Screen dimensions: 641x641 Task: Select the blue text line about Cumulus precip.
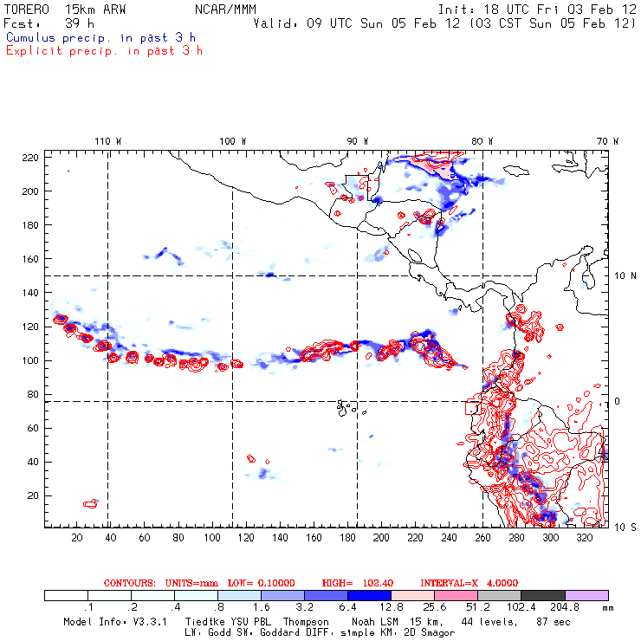tap(100, 37)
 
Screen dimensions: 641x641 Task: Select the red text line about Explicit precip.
tap(104, 50)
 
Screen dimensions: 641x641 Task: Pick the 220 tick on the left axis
tap(30, 157)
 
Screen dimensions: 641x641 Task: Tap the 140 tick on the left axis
tap(30, 293)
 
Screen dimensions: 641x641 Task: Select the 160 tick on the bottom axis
tap(314, 538)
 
